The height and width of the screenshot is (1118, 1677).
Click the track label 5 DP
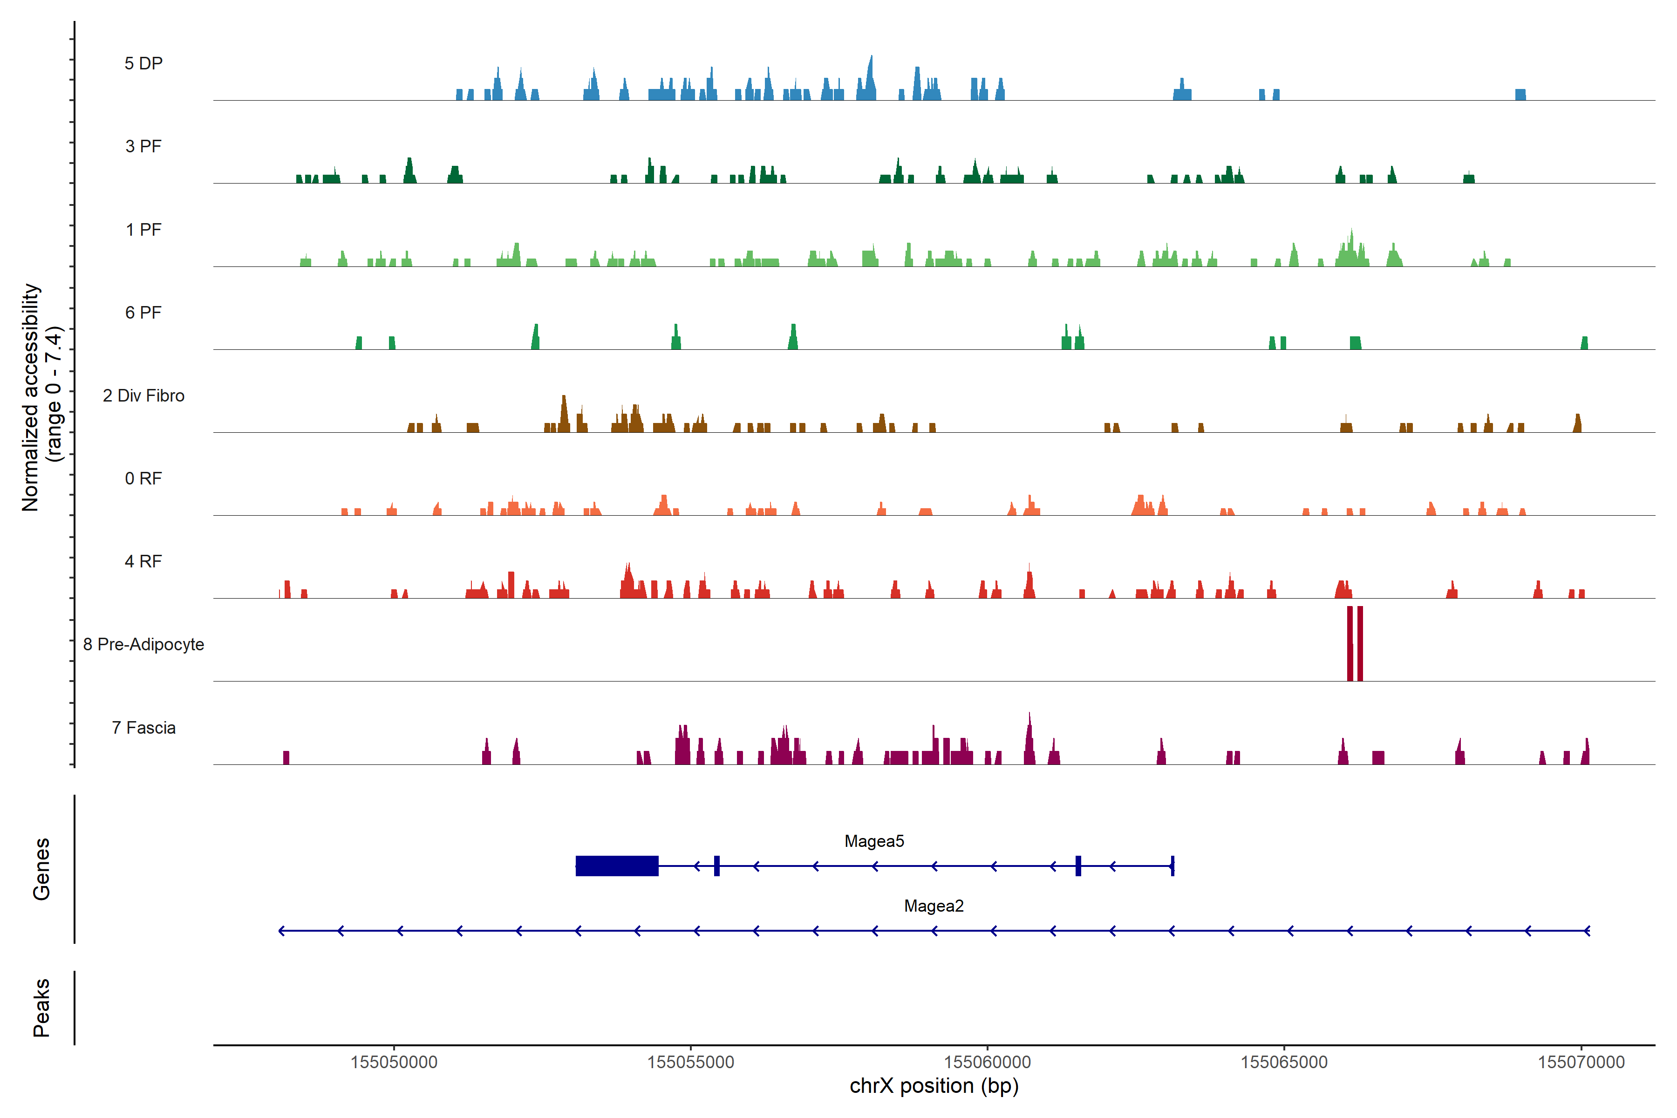(x=143, y=63)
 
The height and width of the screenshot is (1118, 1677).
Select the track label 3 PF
(x=143, y=146)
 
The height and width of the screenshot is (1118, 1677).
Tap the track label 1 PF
(x=143, y=230)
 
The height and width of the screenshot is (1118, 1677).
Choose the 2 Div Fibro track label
(x=143, y=395)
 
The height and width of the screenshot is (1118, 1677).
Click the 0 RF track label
(x=143, y=478)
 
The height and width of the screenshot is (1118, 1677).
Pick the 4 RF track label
(x=143, y=561)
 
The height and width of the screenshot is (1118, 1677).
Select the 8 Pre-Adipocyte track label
(x=143, y=645)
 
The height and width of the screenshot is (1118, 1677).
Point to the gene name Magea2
(x=934, y=906)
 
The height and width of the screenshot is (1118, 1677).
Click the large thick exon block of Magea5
(x=617, y=866)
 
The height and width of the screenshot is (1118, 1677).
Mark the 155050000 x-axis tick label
(x=394, y=1063)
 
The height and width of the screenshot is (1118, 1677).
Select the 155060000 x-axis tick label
(x=988, y=1063)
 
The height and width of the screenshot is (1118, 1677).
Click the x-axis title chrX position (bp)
(x=934, y=1086)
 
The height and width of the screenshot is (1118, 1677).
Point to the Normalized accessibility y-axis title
(x=32, y=397)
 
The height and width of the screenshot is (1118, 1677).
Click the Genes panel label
(x=41, y=869)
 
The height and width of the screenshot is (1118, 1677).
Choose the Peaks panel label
(x=41, y=1008)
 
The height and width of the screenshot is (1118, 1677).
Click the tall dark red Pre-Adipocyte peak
(x=1350, y=644)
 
